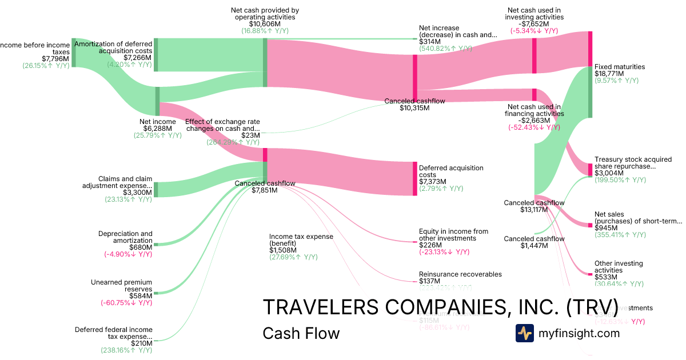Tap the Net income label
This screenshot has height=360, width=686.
158,122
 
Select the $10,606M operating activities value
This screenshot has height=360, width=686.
265,25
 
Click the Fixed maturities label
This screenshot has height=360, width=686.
620,67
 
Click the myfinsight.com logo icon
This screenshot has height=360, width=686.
524,333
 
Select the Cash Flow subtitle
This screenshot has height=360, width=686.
301,333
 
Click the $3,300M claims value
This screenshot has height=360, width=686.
138,193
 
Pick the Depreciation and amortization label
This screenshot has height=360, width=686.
125,237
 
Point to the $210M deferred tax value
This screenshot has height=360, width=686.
141,343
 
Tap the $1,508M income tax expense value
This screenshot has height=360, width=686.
283,250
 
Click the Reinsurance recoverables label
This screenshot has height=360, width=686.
460,274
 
